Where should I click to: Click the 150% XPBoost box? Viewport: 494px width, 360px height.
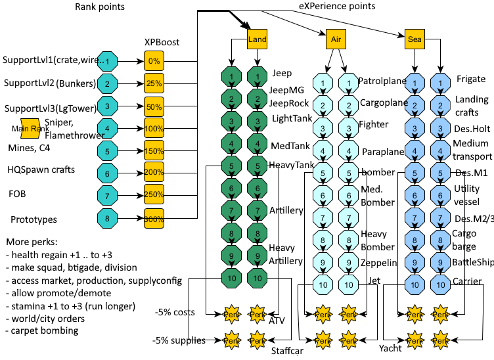154,152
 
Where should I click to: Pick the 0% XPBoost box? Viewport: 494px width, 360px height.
154,61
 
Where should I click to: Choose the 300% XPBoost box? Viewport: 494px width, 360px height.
154,219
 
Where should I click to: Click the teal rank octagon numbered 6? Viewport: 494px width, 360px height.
107,174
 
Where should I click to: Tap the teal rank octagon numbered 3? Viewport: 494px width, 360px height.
107,106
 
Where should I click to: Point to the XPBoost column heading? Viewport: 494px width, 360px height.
162,43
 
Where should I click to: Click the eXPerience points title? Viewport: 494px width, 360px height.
337,7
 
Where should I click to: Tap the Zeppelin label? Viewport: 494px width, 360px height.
379,263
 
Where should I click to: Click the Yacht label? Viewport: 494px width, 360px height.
390,348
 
